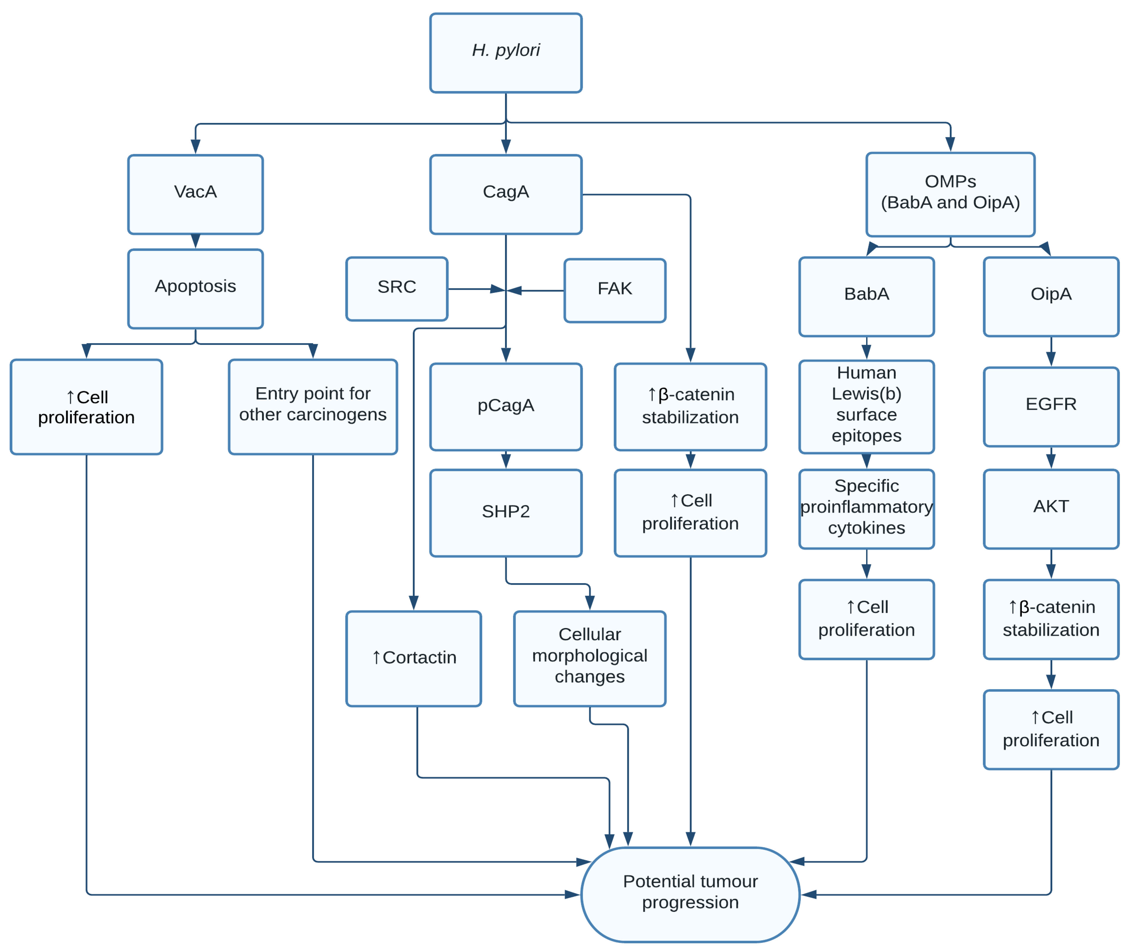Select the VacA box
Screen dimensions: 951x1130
tap(195, 194)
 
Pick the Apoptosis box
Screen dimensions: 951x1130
tap(195, 288)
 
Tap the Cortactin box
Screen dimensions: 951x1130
tap(413, 658)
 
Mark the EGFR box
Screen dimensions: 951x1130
tap(1050, 407)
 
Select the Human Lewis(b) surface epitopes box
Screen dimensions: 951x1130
tap(866, 407)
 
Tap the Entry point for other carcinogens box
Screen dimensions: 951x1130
tap(313, 407)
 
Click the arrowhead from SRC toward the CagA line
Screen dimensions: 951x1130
tap(497, 289)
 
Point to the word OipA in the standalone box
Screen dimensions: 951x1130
tap(1050, 294)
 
